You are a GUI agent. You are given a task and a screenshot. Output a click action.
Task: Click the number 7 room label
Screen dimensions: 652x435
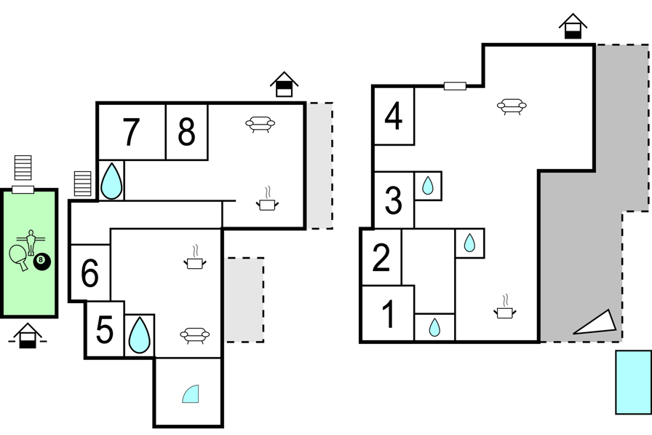click(131, 133)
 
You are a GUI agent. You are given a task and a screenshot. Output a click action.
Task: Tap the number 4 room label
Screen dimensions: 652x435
click(394, 116)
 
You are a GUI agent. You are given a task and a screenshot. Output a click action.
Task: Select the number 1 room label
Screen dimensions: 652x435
click(389, 314)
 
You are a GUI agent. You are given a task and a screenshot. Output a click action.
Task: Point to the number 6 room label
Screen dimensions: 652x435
click(90, 273)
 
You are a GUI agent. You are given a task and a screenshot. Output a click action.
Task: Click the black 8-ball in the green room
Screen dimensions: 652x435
click(42, 261)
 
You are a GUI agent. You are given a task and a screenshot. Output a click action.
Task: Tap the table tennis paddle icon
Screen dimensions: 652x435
click(19, 256)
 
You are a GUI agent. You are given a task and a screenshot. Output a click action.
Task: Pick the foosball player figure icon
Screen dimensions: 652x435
click(31, 241)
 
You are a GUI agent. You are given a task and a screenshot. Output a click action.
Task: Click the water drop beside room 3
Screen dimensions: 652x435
click(427, 186)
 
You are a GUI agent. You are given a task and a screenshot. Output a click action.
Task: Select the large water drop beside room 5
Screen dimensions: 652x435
click(140, 335)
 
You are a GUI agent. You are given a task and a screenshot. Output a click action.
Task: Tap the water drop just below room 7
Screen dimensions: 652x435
click(112, 181)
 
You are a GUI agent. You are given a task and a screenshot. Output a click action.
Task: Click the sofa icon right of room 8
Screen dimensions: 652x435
click(261, 124)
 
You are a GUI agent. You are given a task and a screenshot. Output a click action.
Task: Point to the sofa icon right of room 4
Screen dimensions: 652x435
click(512, 106)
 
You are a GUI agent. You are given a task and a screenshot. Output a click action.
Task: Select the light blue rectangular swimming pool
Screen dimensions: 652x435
click(633, 382)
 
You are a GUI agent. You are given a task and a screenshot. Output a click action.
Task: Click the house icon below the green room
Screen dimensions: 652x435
click(28, 335)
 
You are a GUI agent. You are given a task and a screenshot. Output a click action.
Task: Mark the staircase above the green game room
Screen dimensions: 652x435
click(23, 168)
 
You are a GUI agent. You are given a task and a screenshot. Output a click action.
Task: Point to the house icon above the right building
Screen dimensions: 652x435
click(573, 26)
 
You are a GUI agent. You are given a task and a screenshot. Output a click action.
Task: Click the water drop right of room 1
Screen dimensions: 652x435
click(434, 327)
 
